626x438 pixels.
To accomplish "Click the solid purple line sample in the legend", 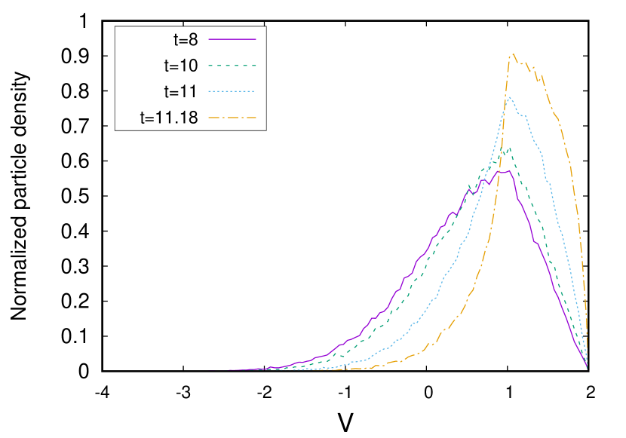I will click(x=232, y=38).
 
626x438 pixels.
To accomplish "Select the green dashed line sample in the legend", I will click(x=232, y=66).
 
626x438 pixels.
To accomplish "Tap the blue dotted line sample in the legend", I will click(x=232, y=91).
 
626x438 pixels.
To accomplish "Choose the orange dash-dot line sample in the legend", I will click(x=232, y=118).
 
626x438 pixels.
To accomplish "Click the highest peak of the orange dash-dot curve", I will click(x=513, y=54).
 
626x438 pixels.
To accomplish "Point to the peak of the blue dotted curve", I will click(x=510, y=96).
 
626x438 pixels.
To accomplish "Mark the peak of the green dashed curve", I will click(x=510, y=148).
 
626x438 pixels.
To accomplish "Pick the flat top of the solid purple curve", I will click(x=504, y=172).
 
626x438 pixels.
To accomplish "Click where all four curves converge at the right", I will click(x=587, y=368).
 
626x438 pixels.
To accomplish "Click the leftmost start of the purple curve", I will click(x=229, y=370).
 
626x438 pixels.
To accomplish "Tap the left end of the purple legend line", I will click(x=209, y=38).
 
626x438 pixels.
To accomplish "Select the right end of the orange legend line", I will click(x=256, y=118).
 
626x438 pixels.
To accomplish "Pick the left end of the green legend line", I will click(x=209, y=66).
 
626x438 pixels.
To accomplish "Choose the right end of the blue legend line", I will click(x=256, y=91).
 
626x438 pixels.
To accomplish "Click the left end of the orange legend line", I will click(x=209, y=118).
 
